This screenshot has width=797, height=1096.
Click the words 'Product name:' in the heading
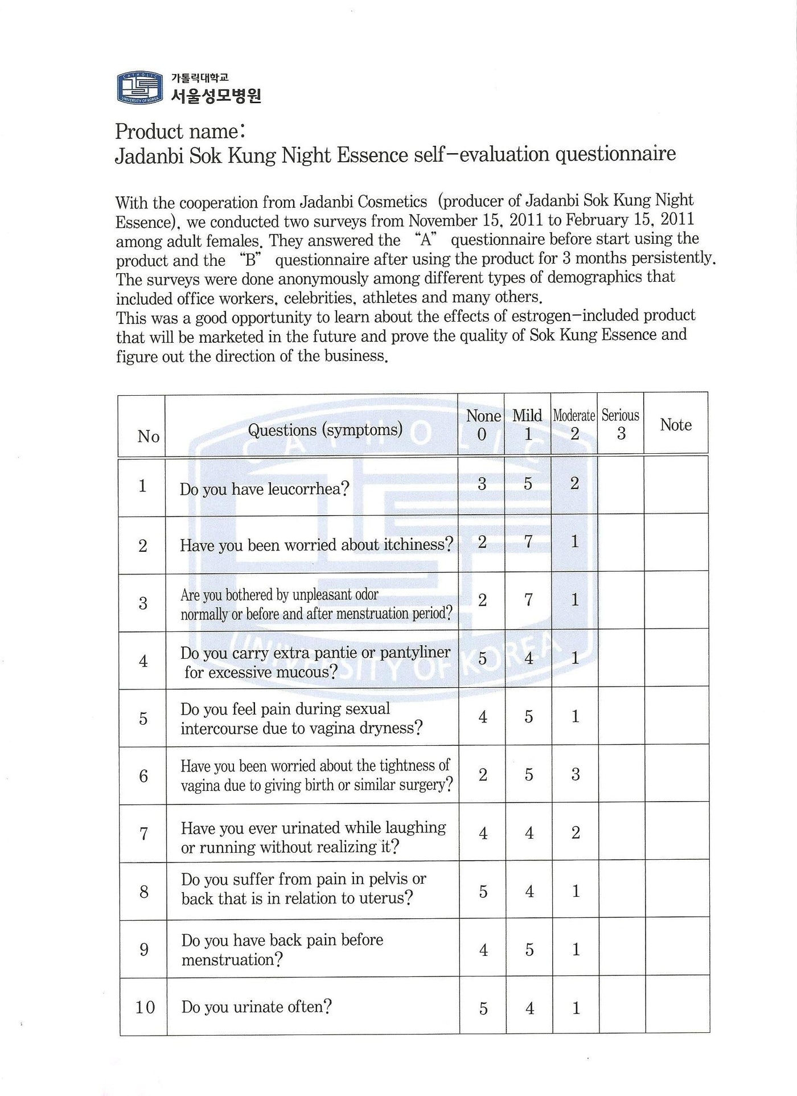coord(180,132)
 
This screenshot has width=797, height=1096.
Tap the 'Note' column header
coord(676,425)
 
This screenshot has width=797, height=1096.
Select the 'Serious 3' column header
coord(621,424)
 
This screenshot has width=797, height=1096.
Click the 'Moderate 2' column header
coord(574,424)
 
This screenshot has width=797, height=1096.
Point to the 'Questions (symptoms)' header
coord(324,429)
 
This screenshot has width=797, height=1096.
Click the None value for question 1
coord(482,484)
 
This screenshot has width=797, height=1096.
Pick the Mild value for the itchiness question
coord(528,541)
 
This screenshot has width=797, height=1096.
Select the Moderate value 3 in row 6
coord(576,774)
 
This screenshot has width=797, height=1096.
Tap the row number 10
coord(145,1007)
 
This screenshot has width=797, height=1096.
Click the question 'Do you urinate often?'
coord(256,1007)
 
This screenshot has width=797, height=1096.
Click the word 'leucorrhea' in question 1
coord(307,489)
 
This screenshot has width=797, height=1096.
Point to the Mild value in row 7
coord(529,833)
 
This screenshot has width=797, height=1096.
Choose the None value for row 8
coord(483,891)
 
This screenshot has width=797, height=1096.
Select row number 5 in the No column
coord(143,718)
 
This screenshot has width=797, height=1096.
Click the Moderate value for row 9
coord(576,949)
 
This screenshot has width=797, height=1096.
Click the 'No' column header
coord(148,437)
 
